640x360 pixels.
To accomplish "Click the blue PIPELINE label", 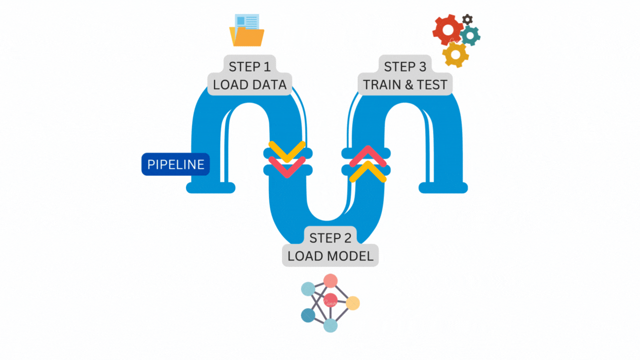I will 175,164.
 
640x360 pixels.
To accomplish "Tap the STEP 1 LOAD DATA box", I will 249,75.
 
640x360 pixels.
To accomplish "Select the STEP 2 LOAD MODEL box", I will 330,246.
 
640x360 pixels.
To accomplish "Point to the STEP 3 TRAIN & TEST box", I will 405,75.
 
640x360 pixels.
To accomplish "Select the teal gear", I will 470,35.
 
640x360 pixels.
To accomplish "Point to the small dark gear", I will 467,19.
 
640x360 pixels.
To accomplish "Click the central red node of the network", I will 330,300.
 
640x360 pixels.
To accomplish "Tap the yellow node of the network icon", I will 352,303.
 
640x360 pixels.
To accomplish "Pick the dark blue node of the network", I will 308,315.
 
